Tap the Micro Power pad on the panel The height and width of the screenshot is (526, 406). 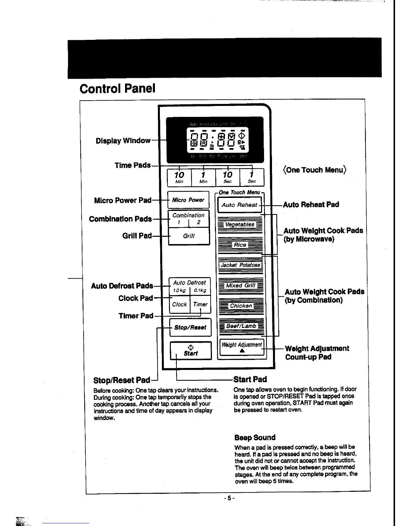point(188,200)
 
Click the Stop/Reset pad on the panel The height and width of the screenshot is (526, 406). point(190,327)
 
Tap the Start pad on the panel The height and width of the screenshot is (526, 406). point(191,351)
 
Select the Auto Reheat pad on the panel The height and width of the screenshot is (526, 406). point(239,205)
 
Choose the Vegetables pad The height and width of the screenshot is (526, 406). point(239,224)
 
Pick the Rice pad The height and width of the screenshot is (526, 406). point(240,245)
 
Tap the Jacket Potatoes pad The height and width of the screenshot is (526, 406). point(240,265)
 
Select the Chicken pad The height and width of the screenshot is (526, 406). point(241,306)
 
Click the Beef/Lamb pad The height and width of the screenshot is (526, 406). point(241,326)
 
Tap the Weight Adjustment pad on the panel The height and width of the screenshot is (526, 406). point(241,347)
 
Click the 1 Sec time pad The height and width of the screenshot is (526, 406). point(252,177)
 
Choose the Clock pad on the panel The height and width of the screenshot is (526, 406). point(179,304)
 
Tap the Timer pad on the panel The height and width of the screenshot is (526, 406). point(200,304)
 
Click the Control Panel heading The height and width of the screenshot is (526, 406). point(117,89)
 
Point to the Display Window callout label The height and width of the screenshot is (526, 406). point(123,141)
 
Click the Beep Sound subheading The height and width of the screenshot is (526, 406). point(255,438)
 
